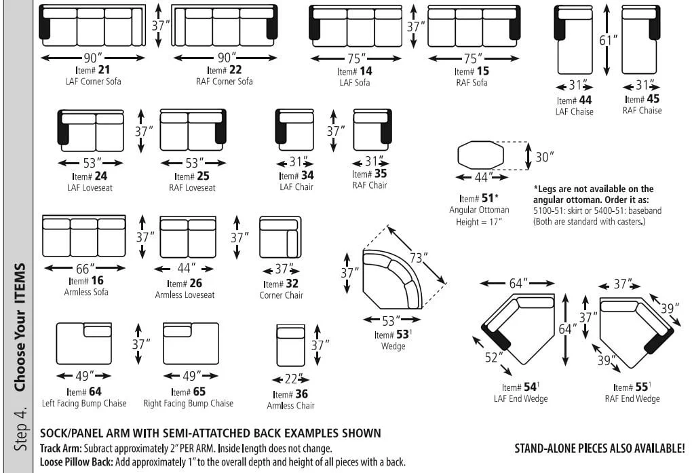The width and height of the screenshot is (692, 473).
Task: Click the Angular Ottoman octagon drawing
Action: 480,155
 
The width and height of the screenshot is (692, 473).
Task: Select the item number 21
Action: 104,70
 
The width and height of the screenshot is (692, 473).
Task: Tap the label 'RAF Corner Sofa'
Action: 224,81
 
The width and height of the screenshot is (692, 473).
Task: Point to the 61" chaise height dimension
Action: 609,40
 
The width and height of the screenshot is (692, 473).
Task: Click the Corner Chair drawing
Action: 280,237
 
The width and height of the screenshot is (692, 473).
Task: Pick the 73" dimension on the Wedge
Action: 418,257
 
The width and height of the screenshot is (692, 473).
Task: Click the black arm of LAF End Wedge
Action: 497,337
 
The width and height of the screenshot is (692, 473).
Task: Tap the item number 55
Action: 642,387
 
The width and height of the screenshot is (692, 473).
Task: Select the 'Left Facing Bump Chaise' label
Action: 84,403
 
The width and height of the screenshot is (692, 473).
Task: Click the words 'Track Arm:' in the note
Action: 60,449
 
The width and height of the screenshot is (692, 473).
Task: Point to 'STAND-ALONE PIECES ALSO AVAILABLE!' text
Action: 600,449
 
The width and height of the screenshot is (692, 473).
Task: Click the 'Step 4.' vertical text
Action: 20,428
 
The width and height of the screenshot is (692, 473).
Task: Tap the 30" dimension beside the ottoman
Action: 545,157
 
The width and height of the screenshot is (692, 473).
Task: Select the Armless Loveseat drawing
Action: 188,237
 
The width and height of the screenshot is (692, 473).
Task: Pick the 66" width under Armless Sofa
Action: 85,269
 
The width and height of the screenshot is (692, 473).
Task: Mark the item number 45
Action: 653,99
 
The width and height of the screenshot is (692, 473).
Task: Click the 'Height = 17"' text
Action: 479,222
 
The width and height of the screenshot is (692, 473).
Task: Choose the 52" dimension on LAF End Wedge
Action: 493,357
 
